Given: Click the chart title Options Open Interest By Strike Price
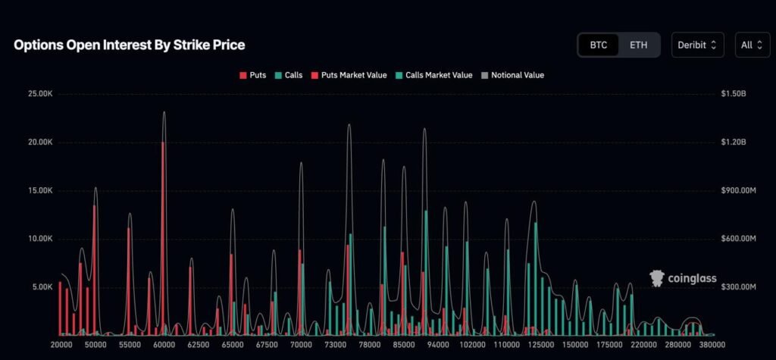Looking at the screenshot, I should [x=129, y=45].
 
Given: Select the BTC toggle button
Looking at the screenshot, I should [x=599, y=45].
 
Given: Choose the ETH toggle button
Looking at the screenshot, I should [x=639, y=45].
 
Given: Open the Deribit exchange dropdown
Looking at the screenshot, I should [x=697, y=45].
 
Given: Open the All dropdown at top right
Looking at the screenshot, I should [x=751, y=45].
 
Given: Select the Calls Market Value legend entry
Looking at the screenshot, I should [x=433, y=75].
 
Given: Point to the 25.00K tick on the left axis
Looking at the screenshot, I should [x=39, y=94].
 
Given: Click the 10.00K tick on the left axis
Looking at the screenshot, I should [x=39, y=239].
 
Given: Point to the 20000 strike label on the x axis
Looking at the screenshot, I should [x=61, y=345].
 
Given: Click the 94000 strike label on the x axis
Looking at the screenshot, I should [x=437, y=345].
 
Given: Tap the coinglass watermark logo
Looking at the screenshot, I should [x=684, y=279].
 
